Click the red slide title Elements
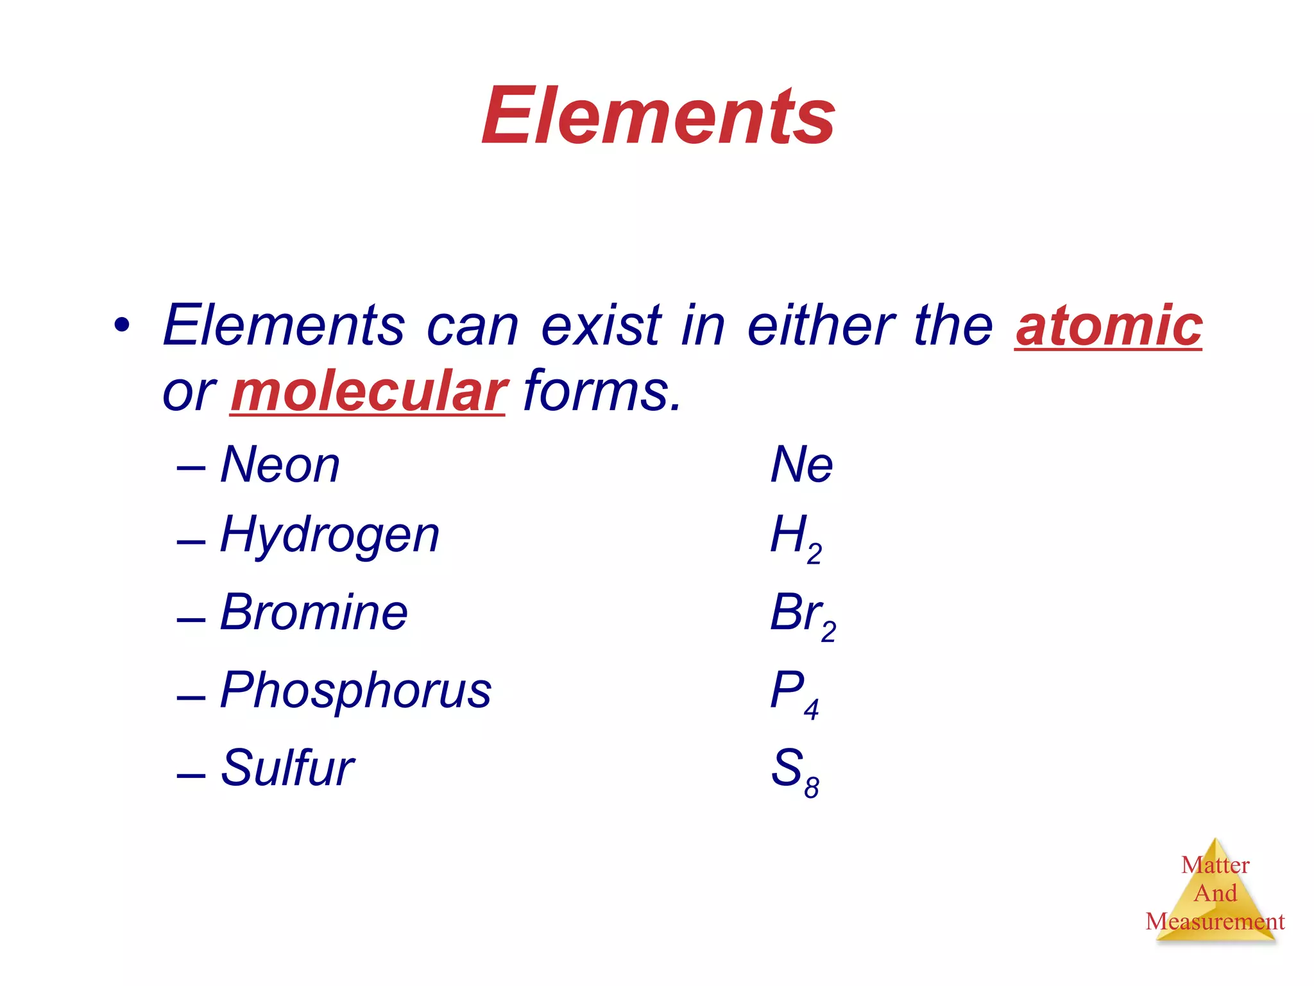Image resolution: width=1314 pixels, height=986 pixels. point(658,116)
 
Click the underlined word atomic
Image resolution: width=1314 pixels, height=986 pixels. point(1108,326)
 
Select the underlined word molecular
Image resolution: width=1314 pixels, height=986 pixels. point(368,392)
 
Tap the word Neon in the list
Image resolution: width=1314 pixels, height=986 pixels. point(280,465)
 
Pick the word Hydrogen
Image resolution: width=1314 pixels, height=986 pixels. point(330,535)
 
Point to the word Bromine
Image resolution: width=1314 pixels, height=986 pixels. point(314,612)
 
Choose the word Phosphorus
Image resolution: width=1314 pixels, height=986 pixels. point(355,691)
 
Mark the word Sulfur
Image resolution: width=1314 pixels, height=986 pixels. point(287,768)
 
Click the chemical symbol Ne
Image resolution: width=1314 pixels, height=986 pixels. point(801,465)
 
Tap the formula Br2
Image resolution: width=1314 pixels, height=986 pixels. point(803,615)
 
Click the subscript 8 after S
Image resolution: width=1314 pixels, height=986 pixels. point(812,787)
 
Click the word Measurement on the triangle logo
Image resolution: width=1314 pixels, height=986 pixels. point(1215,922)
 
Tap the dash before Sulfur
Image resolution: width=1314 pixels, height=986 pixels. point(191,775)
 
